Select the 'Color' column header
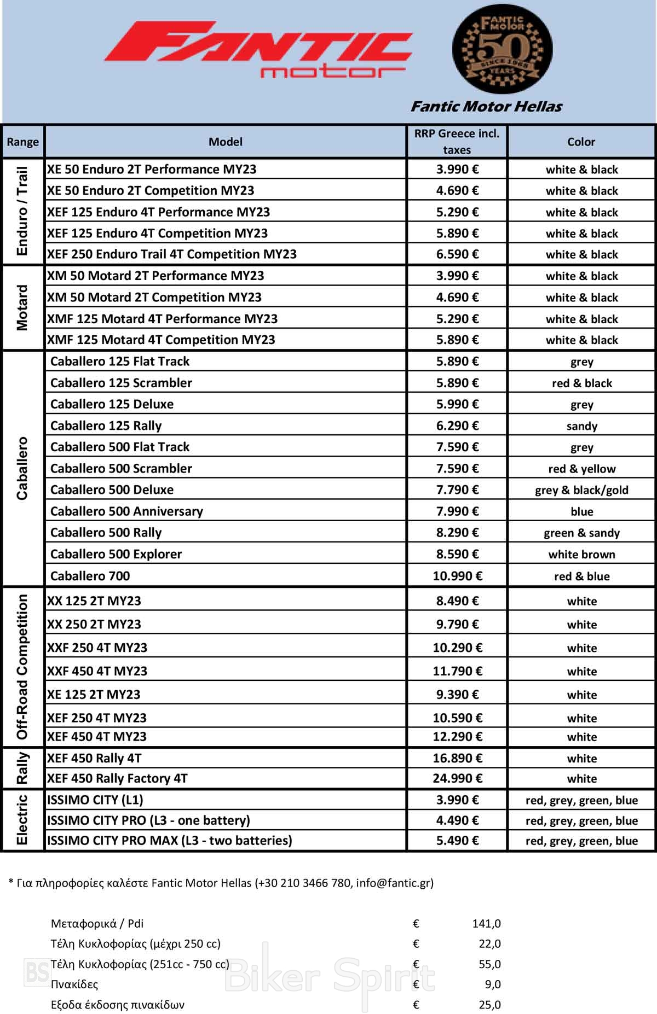pos(581,142)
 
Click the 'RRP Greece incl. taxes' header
pos(457,142)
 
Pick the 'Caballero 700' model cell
pos(90,576)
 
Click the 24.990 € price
pos(457,778)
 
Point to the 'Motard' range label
pos(22,307)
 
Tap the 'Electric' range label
pos(22,820)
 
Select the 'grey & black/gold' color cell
pos(581,490)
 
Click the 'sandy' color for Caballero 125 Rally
pos(581,426)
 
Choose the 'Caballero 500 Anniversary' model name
pos(126,511)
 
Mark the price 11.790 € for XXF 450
pos(457,671)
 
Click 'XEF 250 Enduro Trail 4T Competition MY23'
pos(172,254)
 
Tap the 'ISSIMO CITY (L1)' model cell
pos(95,800)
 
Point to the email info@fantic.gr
pos(394,883)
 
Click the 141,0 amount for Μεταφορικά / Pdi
pos(486,924)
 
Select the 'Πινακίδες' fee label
pos(74,984)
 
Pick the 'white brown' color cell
pos(581,555)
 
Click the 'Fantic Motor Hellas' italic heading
pos(486,107)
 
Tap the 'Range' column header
pos(22,142)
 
